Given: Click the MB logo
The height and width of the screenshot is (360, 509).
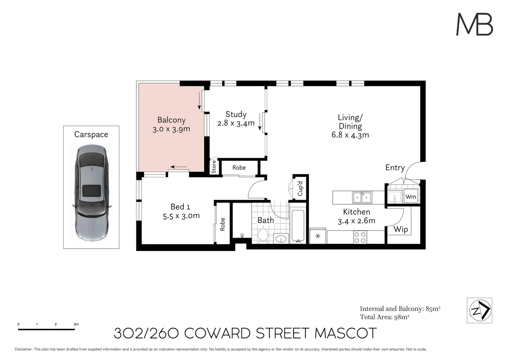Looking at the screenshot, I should pos(474,24).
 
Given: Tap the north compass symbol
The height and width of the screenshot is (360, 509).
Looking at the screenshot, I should pos(479,310).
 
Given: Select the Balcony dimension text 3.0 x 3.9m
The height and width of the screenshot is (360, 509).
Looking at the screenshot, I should pos(171,129).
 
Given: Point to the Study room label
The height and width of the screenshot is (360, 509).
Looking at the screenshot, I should pos(236,114).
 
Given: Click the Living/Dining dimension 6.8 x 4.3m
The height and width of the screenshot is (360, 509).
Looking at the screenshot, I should pos(350,135).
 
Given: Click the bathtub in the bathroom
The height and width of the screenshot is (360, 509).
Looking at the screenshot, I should pos(297,226).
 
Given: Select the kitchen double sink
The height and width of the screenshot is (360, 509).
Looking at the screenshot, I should pos(362,197).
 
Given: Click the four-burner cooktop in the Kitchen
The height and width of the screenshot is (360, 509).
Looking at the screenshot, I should pos(360,237).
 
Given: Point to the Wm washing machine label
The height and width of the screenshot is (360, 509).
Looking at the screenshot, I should pos(411,197).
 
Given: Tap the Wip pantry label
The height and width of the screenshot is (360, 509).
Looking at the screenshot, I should pos(400,229).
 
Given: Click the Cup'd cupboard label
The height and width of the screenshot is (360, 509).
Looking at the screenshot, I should pos(300,188).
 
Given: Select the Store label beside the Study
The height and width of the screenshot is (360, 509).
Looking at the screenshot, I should pos(214,167).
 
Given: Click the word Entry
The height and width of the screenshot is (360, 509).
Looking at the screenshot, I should pos(395,168).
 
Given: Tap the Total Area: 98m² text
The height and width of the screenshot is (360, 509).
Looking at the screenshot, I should pos(384,317).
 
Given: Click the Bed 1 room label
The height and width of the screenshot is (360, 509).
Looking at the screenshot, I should pos(180,207).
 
